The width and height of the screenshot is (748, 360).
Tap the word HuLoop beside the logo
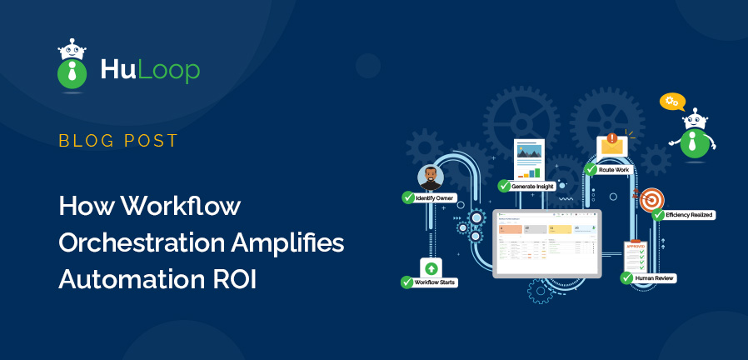click(150, 71)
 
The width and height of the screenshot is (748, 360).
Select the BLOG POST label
click(118, 141)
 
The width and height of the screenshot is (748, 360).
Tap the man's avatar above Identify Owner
click(430, 176)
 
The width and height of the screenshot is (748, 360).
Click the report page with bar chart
click(529, 158)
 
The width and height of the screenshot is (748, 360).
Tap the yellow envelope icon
click(611, 145)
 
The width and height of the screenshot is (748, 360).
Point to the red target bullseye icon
click(651, 199)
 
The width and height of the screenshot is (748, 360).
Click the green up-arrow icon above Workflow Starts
click(431, 267)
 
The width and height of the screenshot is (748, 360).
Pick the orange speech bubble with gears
click(671, 102)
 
